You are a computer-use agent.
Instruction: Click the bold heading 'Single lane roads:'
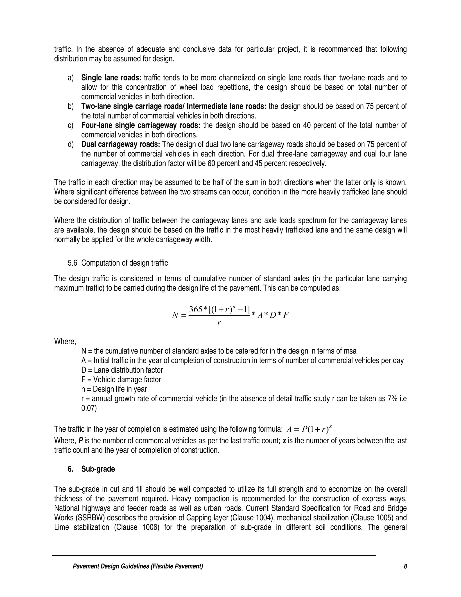pos(111,78)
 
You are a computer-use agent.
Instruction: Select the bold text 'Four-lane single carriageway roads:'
pos(141,125)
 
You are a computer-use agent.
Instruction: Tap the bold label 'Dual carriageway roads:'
pos(120,144)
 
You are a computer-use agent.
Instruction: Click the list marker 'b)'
pos(71,106)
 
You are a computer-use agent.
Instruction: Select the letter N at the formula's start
pos(175,315)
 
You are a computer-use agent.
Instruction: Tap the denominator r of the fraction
pos(219,323)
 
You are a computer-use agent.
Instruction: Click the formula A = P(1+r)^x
pos(309,429)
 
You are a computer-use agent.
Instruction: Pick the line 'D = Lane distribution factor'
pos(122,370)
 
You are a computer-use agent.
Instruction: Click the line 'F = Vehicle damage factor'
pos(121,380)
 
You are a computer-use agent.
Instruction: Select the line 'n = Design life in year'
pos(114,389)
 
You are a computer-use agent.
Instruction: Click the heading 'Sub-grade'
pos(98,469)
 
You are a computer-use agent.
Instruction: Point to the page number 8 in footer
pos(405,566)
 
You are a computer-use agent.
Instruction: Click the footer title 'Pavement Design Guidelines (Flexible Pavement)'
pos(138,566)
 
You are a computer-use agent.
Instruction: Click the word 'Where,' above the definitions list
pos(65,342)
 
